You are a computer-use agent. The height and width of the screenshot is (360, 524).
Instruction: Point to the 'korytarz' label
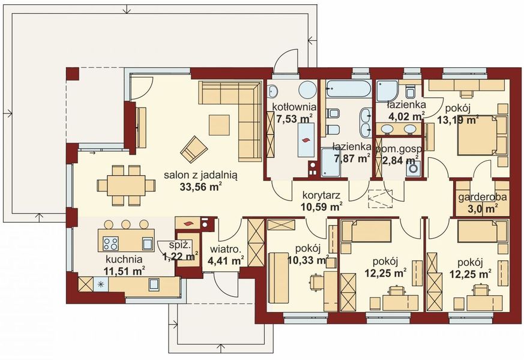(321, 196)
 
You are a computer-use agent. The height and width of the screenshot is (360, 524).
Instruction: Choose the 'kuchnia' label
(124, 260)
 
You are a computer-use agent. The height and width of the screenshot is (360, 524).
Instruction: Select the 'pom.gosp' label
(399, 148)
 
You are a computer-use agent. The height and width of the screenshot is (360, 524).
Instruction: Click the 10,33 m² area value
(309, 260)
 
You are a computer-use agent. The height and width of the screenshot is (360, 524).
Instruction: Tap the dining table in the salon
(127, 185)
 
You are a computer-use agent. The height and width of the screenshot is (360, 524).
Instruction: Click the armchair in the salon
(194, 149)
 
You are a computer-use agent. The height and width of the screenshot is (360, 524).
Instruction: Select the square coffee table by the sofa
(218, 125)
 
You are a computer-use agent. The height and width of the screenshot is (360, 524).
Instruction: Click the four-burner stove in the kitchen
(110, 243)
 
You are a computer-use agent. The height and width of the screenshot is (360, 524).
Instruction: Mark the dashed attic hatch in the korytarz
(379, 197)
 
